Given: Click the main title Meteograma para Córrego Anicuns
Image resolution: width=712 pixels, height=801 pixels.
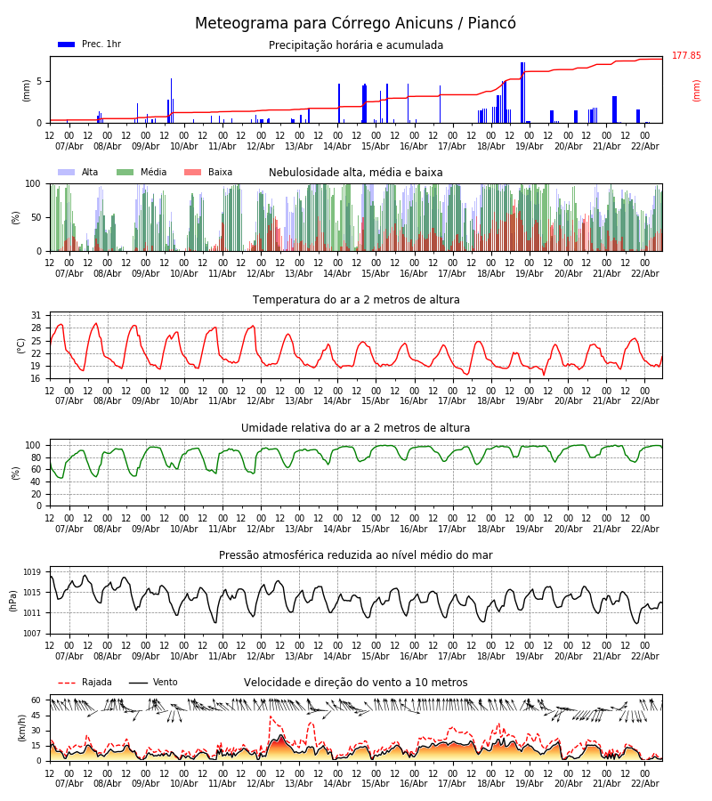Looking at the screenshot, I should [x=355, y=23].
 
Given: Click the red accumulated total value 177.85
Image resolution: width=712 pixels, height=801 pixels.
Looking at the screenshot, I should [x=686, y=56].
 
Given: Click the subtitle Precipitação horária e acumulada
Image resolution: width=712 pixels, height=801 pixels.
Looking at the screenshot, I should [x=356, y=45].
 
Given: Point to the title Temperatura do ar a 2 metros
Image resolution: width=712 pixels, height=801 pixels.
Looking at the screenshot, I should [x=356, y=300].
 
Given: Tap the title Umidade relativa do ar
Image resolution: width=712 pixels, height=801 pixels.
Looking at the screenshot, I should [x=356, y=428].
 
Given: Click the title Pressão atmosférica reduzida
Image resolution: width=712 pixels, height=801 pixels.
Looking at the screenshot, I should [x=356, y=555].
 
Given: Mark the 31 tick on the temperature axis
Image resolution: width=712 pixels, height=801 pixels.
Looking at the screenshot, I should [x=36, y=315].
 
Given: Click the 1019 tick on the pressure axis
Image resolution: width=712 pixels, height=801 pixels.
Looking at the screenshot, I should [x=32, y=572].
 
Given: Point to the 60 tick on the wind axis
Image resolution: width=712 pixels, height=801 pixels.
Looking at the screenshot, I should [x=36, y=700].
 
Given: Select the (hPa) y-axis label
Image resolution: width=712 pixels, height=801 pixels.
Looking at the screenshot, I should [x=13, y=600].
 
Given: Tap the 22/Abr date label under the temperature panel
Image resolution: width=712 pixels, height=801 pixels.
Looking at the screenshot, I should [x=644, y=400].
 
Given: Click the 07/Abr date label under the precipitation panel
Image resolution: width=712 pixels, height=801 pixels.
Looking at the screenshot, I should [x=69, y=146].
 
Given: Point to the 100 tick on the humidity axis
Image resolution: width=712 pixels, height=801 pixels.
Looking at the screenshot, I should [x=33, y=445].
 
